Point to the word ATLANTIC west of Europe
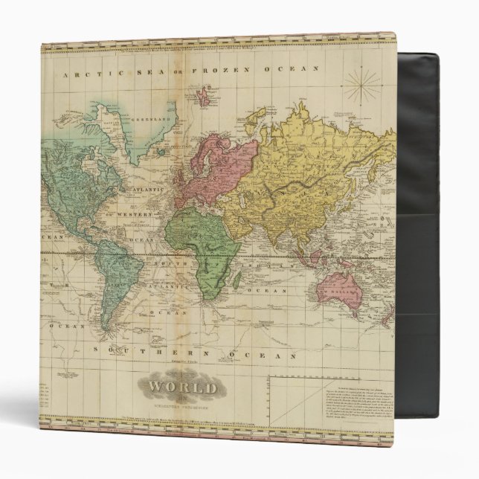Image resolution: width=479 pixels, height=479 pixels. point(148,189)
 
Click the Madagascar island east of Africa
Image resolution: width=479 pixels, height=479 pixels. point(237,279)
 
